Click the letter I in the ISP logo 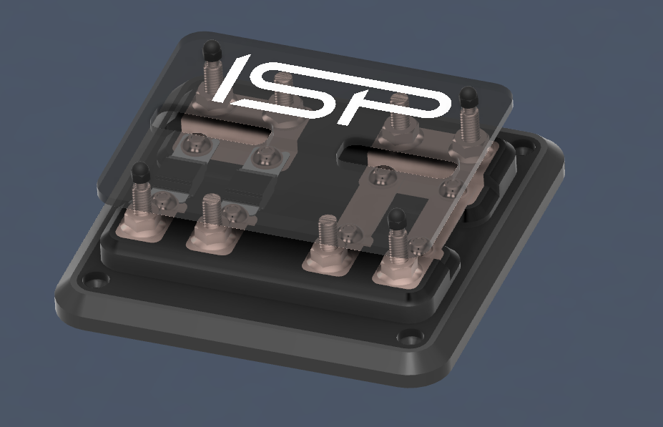click(231, 79)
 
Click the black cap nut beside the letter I click(212, 50)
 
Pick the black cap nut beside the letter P click(468, 97)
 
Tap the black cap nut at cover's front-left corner click(140, 172)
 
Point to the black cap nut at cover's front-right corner click(397, 219)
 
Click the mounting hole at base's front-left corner click(94, 280)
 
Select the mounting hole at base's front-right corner click(410, 337)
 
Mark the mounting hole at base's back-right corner click(525, 150)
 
